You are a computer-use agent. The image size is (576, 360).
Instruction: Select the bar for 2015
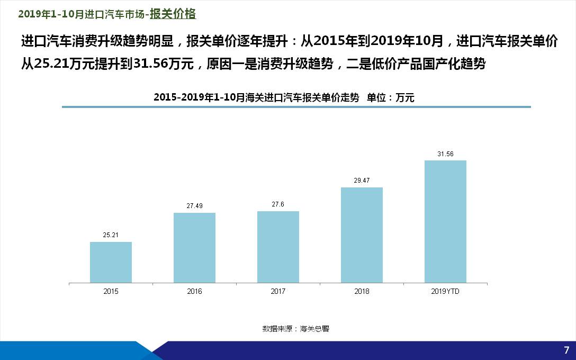coord(111,262)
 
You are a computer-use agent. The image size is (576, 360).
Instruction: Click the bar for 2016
coord(194,248)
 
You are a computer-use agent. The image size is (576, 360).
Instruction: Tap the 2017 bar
coord(278,247)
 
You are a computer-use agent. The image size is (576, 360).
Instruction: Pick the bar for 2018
coord(362,235)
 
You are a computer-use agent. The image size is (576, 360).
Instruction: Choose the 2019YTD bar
coord(445,221)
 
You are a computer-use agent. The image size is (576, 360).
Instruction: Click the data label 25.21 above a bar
coord(111,235)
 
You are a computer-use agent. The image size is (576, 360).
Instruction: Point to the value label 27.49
coord(194,205)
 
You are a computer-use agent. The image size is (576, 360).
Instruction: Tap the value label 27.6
coord(278,204)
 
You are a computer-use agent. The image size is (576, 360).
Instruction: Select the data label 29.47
coord(362,180)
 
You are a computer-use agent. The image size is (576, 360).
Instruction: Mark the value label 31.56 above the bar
coord(445,154)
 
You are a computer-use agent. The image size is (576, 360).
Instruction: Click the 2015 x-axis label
coord(111,291)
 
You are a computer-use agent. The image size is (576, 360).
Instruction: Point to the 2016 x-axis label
coord(194,291)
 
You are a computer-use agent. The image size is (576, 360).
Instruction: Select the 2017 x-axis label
coord(278,291)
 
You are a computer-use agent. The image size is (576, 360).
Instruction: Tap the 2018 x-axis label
coord(362,291)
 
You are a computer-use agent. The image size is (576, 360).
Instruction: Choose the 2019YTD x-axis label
coord(445,291)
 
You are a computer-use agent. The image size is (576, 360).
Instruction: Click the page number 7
coord(566,349)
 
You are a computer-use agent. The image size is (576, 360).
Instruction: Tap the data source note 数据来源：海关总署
coord(295,329)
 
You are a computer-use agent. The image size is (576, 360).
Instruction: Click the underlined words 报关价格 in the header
coord(173,14)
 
